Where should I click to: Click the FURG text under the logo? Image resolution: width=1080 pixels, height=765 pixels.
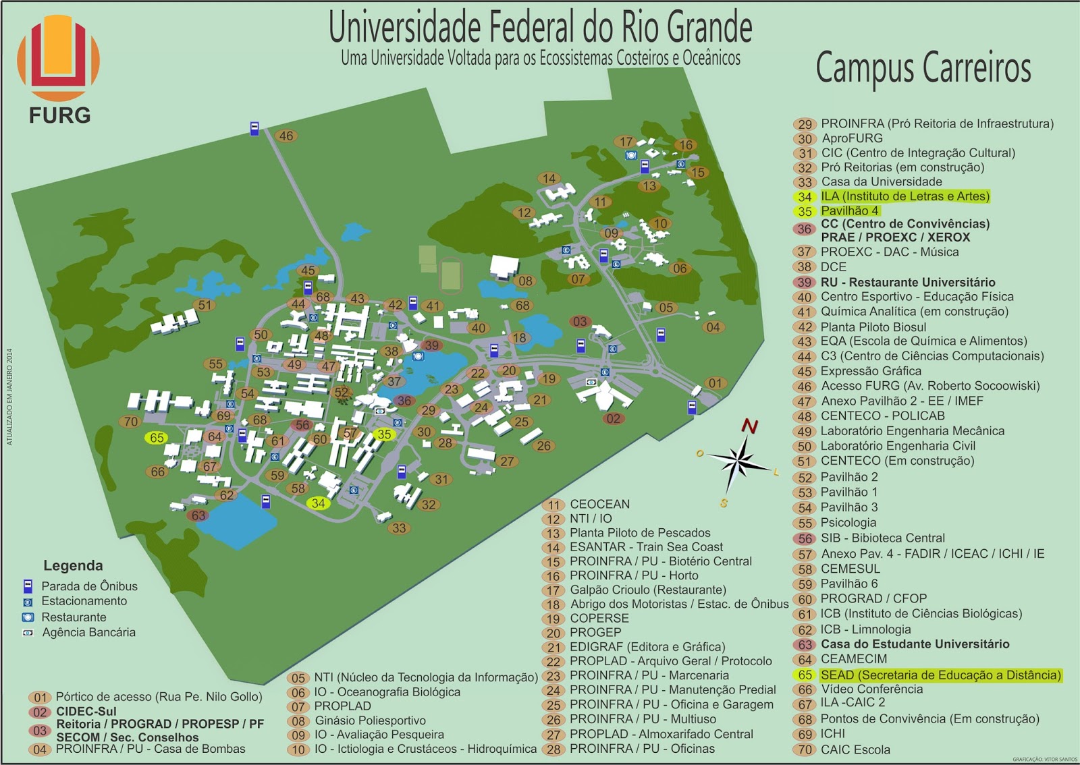tap(59, 115)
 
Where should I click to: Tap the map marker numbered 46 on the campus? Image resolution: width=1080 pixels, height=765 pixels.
tap(286, 136)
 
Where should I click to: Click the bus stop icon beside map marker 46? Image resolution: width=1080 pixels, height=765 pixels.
tap(254, 128)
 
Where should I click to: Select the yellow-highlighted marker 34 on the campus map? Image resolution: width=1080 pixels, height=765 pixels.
tap(318, 503)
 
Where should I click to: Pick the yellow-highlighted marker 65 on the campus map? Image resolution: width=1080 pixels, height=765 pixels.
tap(157, 438)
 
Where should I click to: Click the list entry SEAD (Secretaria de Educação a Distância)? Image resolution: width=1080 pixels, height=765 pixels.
tap(940, 675)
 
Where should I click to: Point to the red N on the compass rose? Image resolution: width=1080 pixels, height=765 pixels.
tap(749, 426)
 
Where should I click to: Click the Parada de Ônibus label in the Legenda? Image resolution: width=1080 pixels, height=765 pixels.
tap(89, 586)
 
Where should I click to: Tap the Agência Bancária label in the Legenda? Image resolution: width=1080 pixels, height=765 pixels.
tap(88, 632)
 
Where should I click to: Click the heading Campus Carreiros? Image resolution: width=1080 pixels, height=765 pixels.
tap(923, 68)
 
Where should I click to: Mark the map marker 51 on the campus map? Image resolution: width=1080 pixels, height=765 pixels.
tap(205, 305)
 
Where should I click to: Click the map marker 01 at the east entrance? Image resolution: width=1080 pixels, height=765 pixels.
tap(715, 383)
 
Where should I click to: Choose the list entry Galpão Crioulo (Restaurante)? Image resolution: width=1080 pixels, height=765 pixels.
tap(647, 590)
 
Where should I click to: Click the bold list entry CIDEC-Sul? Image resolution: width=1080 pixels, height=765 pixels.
tap(86, 711)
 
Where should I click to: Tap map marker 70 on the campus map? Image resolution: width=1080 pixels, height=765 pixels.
tap(131, 422)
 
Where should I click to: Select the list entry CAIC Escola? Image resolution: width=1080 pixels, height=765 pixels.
tap(855, 749)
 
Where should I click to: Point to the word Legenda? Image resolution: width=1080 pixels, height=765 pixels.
tap(73, 565)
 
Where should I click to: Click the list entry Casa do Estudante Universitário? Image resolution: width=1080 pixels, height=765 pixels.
tap(915, 644)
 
